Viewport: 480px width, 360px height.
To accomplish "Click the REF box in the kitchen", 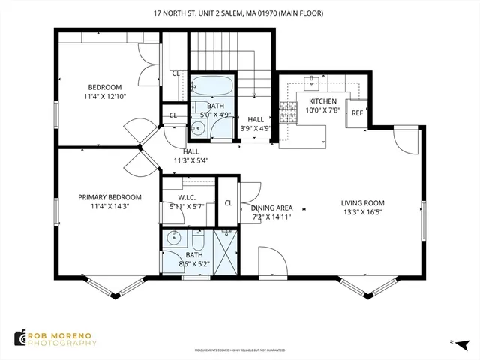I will coord(357,112).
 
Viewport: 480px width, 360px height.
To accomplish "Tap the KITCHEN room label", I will coord(323,101).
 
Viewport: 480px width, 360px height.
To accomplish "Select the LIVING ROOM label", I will coord(362,202).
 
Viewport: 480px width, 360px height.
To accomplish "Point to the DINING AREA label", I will coord(271,208).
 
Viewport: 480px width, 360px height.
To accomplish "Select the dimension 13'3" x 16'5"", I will coord(362,211).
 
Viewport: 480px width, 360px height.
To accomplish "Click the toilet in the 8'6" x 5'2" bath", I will coord(198,241).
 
